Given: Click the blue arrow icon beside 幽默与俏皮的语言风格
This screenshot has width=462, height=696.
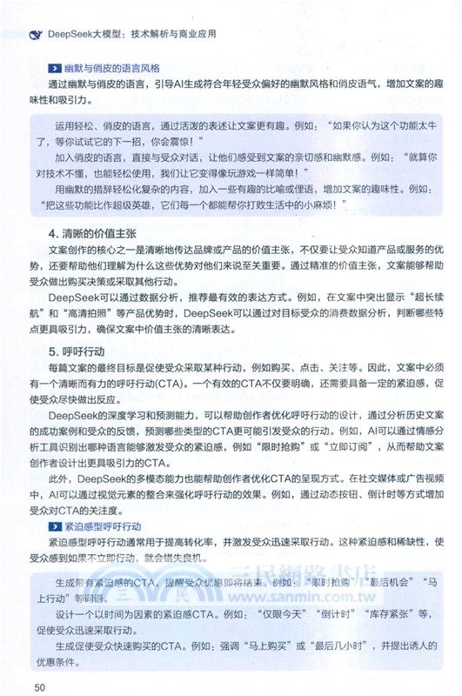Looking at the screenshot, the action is [55, 67].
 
